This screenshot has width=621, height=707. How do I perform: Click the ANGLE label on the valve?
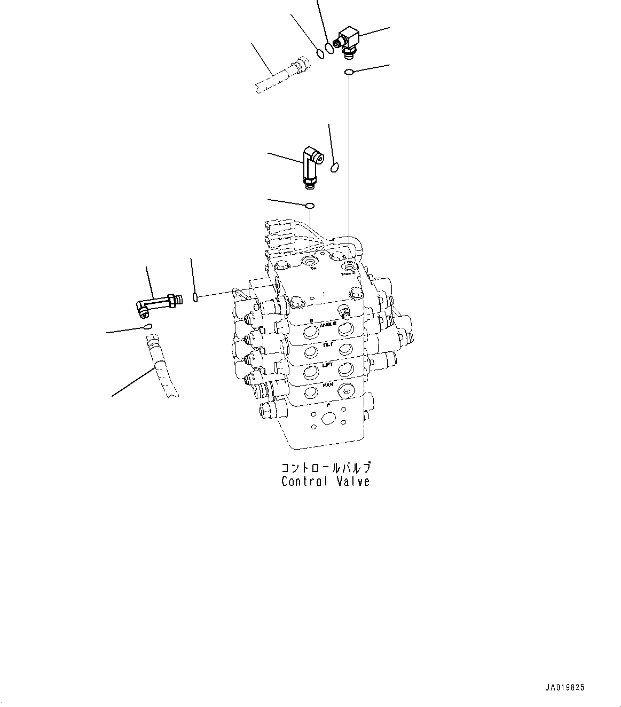click(328, 325)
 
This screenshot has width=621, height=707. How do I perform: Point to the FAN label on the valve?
click(328, 384)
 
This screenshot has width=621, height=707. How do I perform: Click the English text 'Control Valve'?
click(325, 482)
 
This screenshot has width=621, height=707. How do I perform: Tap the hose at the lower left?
click(161, 366)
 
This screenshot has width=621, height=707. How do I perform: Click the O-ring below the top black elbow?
click(348, 72)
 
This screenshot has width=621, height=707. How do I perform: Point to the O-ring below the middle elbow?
click(309, 205)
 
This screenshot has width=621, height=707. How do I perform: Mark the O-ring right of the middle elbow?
click(335, 168)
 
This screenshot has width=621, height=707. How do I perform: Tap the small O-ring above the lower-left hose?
click(147, 326)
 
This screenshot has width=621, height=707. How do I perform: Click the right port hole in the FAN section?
click(345, 392)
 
